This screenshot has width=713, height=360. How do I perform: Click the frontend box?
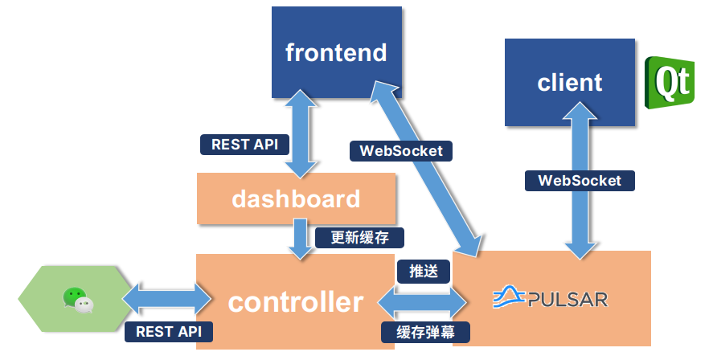[x=336, y=53]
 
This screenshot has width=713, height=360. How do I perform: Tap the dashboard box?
[x=296, y=198]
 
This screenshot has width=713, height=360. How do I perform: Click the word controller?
[x=295, y=302]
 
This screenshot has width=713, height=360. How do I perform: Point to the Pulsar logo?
[x=550, y=299]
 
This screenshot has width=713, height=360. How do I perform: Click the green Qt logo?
[x=670, y=82]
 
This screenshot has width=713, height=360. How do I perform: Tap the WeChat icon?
[x=77, y=300]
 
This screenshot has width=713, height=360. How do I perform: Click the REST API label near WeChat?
[x=169, y=331]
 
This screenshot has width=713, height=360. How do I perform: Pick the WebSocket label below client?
[x=580, y=180]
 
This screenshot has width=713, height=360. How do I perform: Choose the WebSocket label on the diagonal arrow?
[x=401, y=150]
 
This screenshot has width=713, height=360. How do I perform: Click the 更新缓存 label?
[x=359, y=237]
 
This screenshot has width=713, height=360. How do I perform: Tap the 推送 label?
[x=424, y=271]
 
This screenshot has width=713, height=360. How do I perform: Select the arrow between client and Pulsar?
[x=580, y=217]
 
